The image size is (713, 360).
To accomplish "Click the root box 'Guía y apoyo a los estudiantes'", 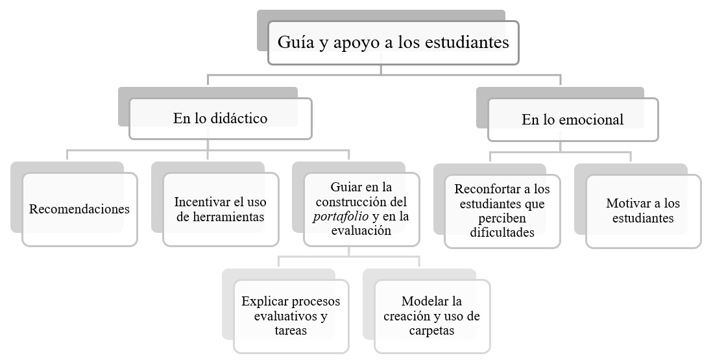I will pos(393,43).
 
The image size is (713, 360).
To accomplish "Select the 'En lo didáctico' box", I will pos(220,118).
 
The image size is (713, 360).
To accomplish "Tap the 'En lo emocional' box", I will pos(572,119).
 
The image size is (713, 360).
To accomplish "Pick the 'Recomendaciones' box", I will pos(79,209).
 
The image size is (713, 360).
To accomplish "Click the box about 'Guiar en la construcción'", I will pos(361,209).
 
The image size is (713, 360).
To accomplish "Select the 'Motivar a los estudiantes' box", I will pos(643,211).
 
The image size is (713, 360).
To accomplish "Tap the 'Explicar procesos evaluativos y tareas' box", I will pos(290,316).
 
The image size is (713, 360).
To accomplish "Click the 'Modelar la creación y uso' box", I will pos(431,316).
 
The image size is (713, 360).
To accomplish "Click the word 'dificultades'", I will pos(502,232).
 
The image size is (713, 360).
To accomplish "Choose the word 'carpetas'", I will pos(431,330).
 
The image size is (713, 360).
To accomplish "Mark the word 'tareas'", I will pos(290,330).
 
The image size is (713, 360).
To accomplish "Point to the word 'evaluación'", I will pos(361,230).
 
